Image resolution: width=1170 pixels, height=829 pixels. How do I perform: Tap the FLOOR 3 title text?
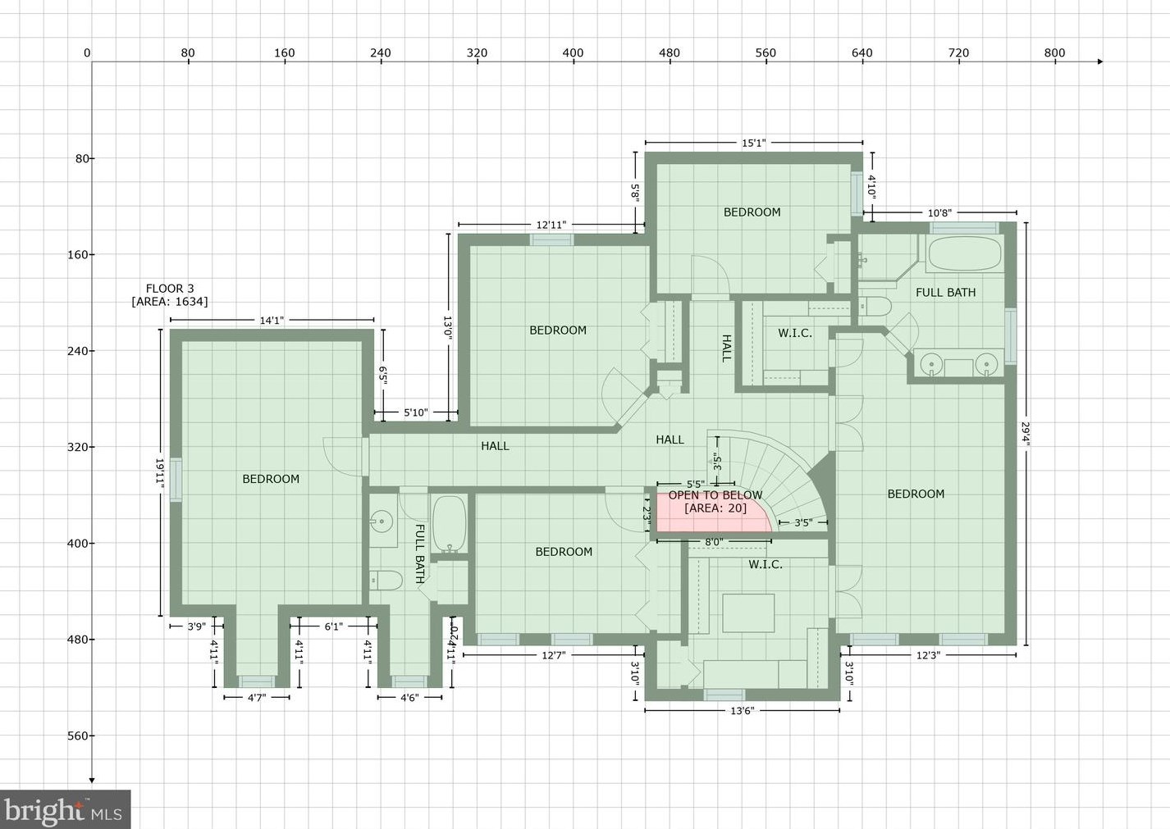[170, 289]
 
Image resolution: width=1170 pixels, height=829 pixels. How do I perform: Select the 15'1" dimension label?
[753, 143]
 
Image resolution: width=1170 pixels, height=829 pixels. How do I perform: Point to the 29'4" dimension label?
[1026, 433]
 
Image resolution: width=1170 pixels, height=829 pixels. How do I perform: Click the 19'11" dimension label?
[161, 473]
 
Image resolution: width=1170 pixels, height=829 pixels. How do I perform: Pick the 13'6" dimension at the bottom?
[742, 711]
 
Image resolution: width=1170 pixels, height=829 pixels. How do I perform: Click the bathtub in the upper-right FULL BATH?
[964, 254]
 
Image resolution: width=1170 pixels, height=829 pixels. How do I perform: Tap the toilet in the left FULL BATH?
[385, 581]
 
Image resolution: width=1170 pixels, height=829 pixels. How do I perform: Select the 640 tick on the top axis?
[862, 53]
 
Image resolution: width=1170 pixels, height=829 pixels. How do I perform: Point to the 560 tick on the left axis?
[79, 736]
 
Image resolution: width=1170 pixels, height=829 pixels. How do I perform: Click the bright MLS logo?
[64, 810]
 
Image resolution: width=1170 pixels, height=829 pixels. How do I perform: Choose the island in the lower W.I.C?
[747, 613]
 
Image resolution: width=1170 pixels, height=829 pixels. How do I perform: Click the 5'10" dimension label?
[415, 412]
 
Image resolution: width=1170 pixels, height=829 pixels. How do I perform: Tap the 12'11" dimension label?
[551, 225]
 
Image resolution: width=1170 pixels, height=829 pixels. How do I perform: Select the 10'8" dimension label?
[939, 213]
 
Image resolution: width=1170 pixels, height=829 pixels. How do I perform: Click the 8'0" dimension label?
[714, 542]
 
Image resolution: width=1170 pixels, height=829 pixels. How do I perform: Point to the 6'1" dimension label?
[333, 626]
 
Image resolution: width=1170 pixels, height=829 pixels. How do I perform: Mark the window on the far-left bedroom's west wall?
[175, 474]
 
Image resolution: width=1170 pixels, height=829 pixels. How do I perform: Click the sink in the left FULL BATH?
[382, 521]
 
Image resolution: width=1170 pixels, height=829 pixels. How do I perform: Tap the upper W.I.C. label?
[794, 333]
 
